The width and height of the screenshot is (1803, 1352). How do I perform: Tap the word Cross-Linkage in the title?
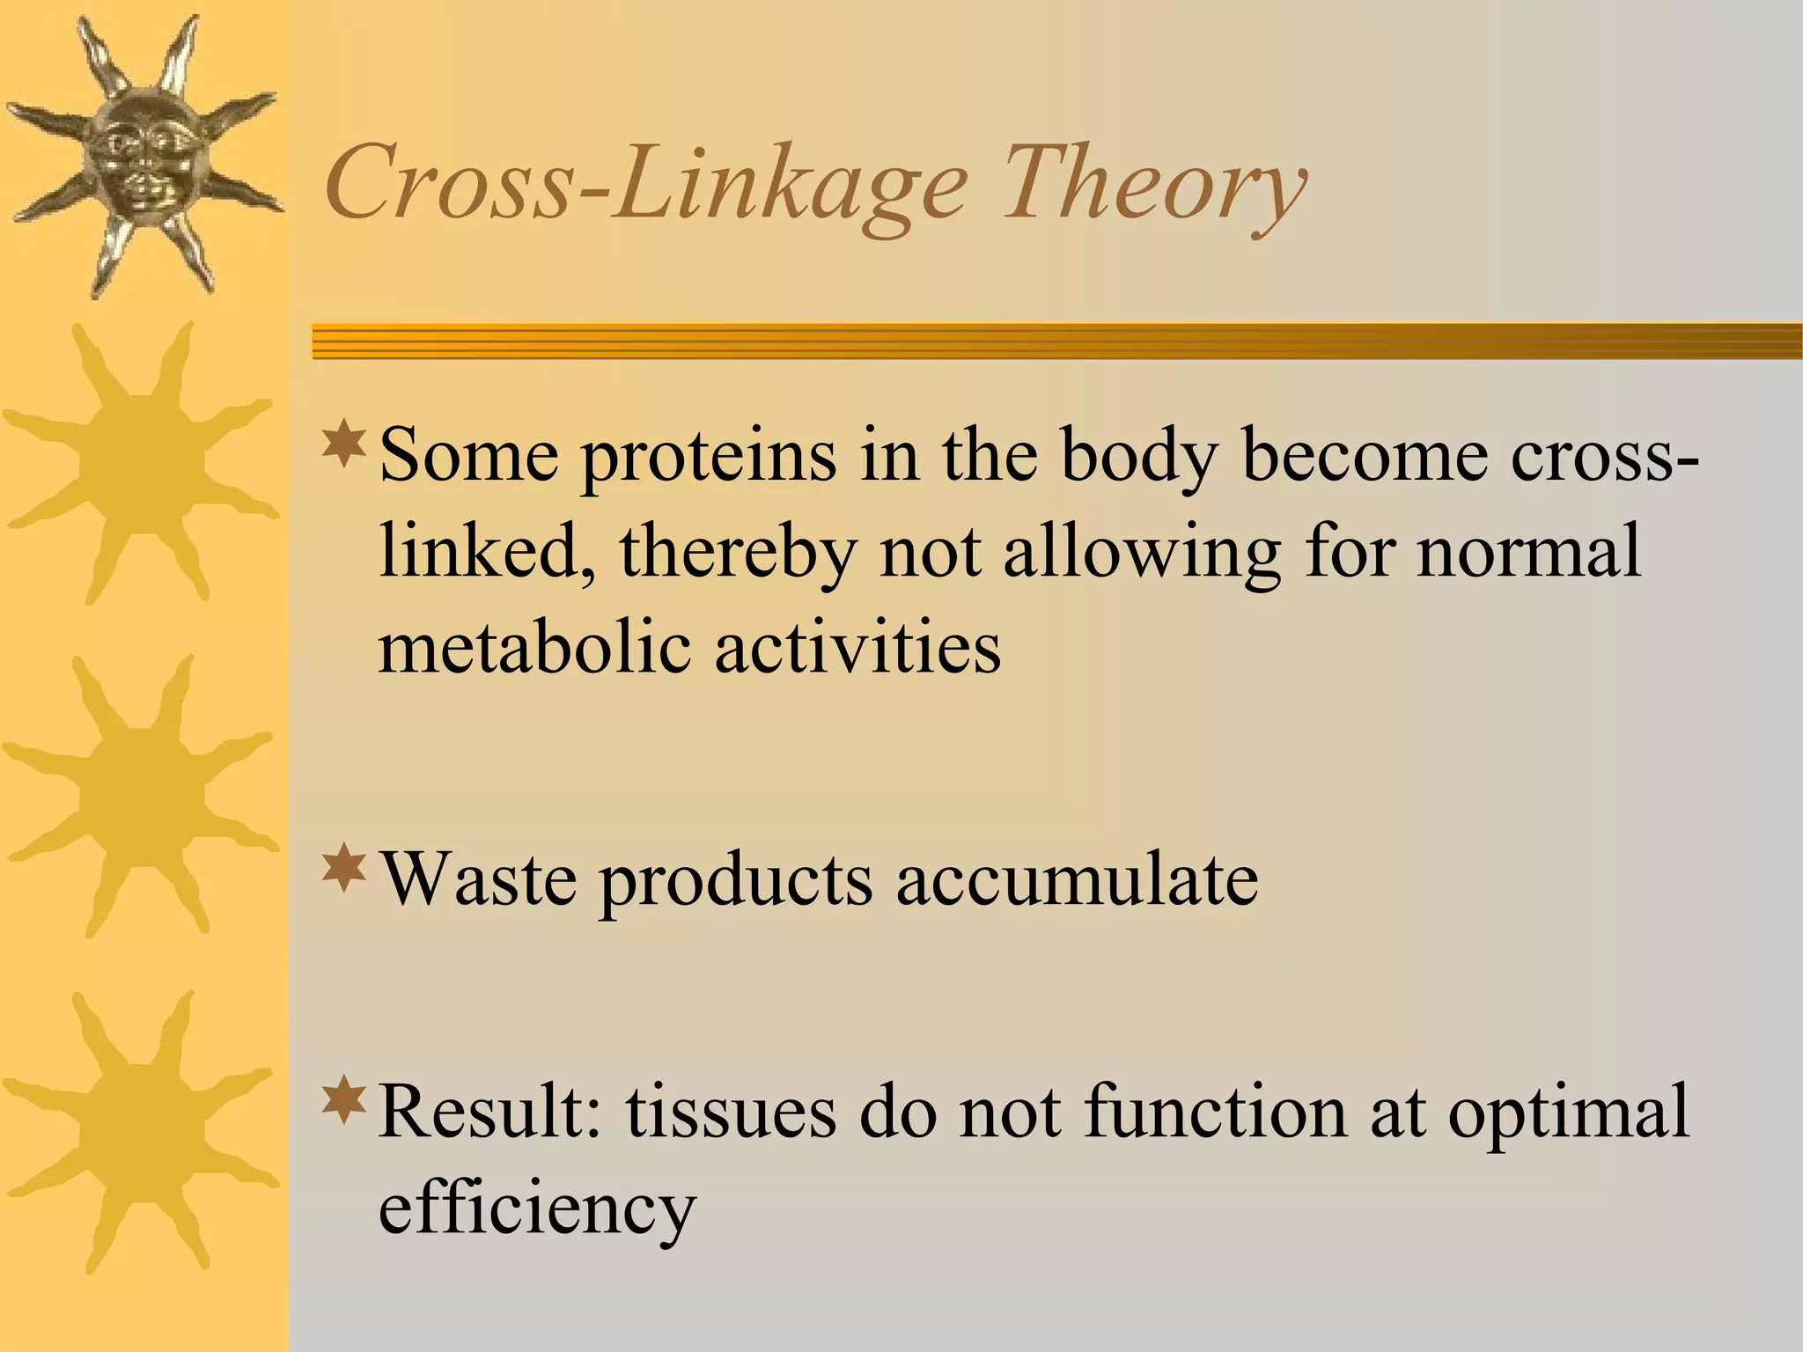tap(647, 185)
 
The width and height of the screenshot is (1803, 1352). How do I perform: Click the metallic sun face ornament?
tap(141, 158)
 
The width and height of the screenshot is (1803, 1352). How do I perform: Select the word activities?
tap(858, 647)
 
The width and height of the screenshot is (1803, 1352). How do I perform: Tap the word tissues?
tap(731, 1111)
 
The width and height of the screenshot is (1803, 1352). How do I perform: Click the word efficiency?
tap(537, 1208)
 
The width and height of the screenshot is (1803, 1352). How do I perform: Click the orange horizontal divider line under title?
tap(1056, 341)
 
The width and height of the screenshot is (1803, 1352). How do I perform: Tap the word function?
tap(1215, 1111)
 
